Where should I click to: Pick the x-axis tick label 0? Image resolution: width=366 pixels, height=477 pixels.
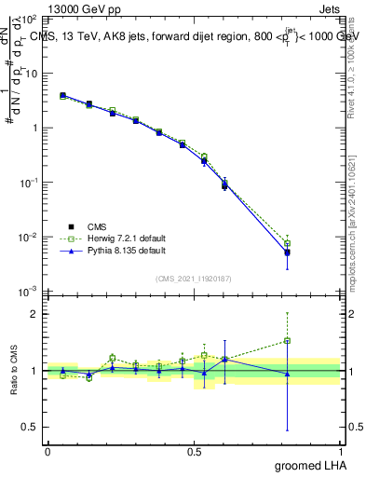point(47,452)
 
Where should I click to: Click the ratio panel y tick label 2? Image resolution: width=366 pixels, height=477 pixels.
point(33,314)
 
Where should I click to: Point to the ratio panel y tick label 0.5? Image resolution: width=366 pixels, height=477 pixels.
point(29,427)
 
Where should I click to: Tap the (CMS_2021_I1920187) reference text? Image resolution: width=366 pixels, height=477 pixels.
point(193,279)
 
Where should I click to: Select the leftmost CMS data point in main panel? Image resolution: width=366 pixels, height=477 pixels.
point(62,95)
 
